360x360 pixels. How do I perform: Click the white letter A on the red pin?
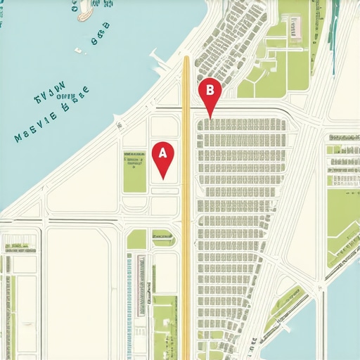(x=162, y=152)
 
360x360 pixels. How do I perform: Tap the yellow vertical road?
(x=186, y=211)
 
